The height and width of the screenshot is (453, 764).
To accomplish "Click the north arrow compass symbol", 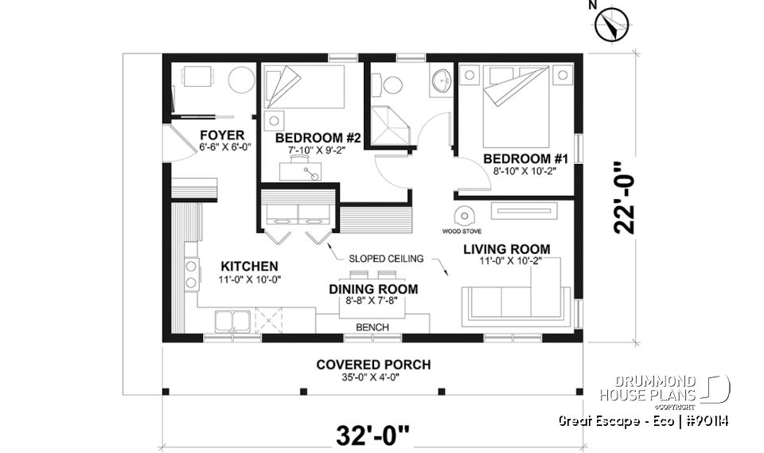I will (x=612, y=24).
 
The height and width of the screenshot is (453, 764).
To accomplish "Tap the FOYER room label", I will (x=222, y=135).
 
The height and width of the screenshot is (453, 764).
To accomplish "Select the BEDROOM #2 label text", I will (x=318, y=138).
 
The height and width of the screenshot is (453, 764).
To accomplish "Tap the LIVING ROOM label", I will (x=507, y=249).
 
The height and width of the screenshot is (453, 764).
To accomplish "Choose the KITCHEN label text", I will (x=249, y=266).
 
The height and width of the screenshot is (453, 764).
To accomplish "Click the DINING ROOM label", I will (x=373, y=289).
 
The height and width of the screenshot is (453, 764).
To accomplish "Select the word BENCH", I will (x=372, y=327).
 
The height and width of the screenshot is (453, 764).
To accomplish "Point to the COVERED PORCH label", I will (x=373, y=365).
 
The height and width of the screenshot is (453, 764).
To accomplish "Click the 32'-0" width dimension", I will (x=374, y=435).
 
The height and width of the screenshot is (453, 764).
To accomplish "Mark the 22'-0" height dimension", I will (x=624, y=198).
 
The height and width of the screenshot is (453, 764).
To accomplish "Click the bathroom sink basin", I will (x=440, y=80).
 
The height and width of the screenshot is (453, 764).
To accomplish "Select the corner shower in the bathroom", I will (x=388, y=124).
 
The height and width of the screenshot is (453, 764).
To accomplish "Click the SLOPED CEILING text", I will (x=386, y=259).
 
